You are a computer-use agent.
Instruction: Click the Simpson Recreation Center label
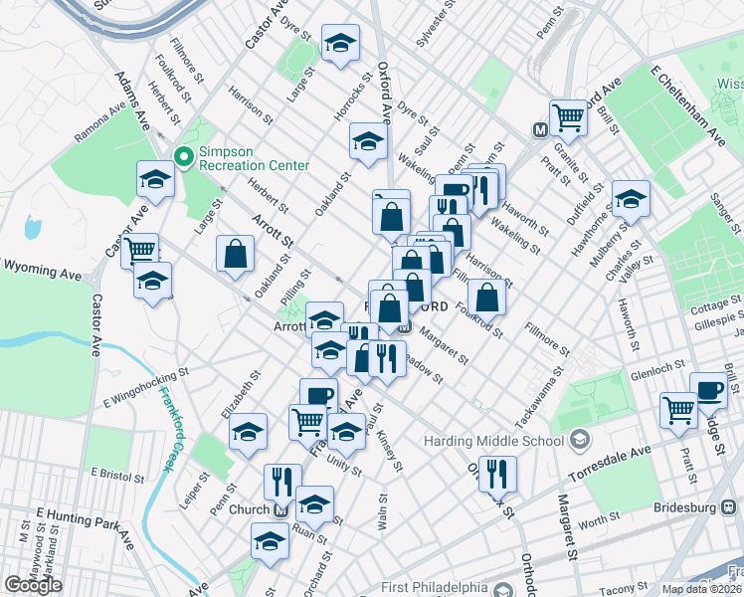[254, 157]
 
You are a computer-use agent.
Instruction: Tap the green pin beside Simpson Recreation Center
[183, 156]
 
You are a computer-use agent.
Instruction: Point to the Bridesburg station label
[685, 507]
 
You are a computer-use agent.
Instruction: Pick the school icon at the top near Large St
[340, 43]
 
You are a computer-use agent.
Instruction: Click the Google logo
[34, 585]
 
